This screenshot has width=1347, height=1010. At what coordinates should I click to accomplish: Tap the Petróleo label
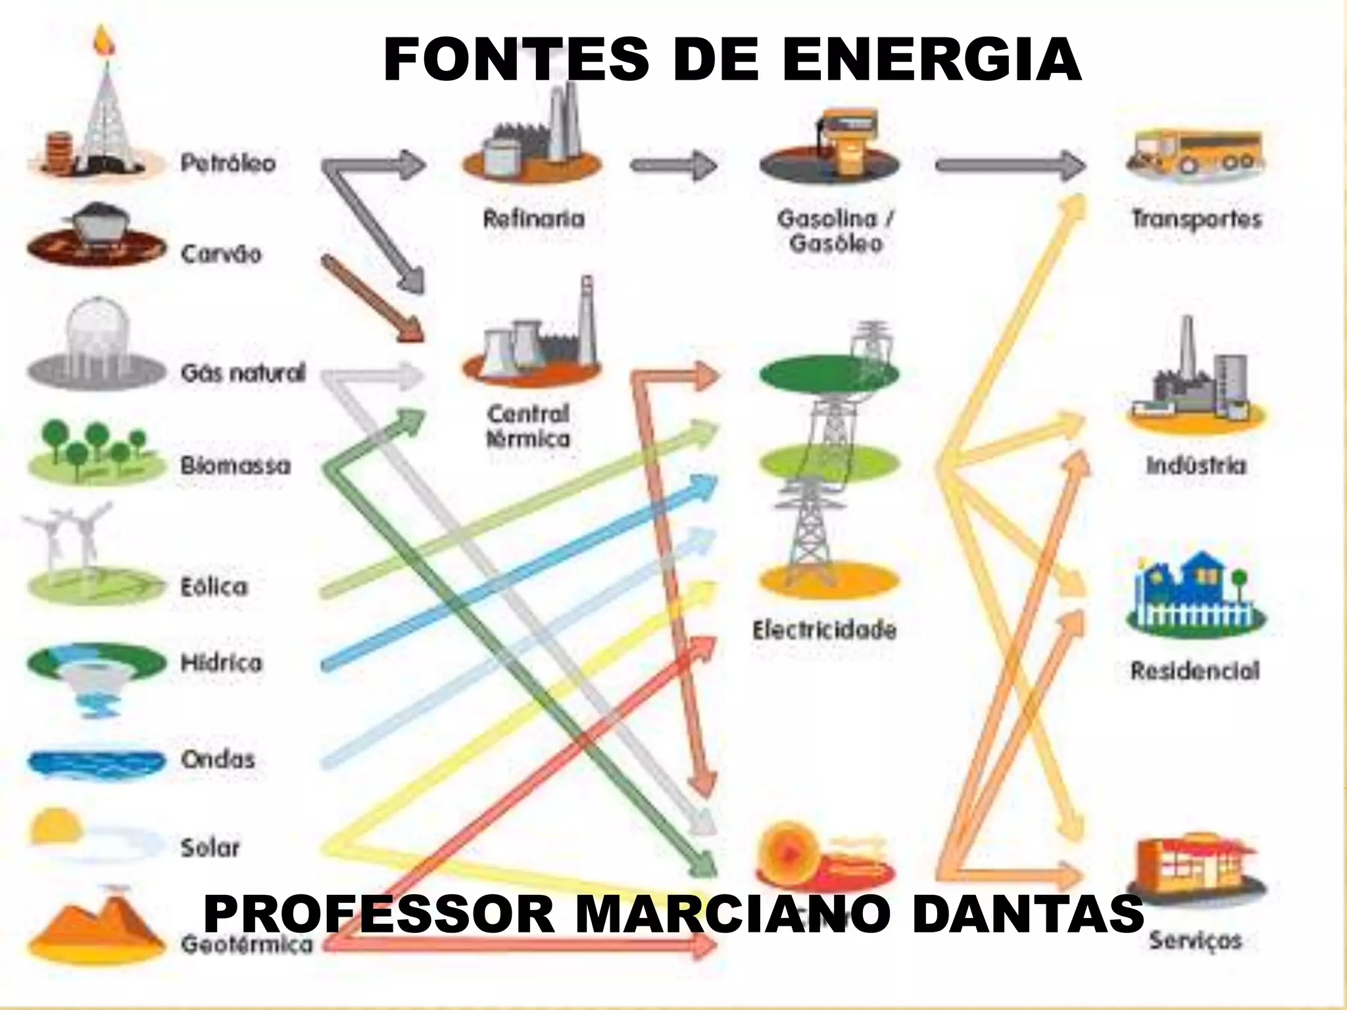click(228, 163)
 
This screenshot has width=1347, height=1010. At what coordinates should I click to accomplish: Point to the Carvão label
click(221, 254)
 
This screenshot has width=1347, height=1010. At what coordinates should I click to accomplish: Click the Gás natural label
click(243, 373)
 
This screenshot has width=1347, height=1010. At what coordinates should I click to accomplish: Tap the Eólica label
click(214, 587)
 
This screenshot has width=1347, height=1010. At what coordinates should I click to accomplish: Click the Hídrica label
click(221, 663)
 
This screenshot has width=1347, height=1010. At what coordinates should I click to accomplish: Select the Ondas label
click(218, 759)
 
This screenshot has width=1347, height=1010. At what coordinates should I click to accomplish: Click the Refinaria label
click(533, 218)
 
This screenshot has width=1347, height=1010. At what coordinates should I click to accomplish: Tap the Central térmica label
click(528, 426)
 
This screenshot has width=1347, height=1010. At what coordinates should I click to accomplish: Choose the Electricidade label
click(824, 630)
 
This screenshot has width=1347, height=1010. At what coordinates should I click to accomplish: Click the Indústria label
click(1196, 466)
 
